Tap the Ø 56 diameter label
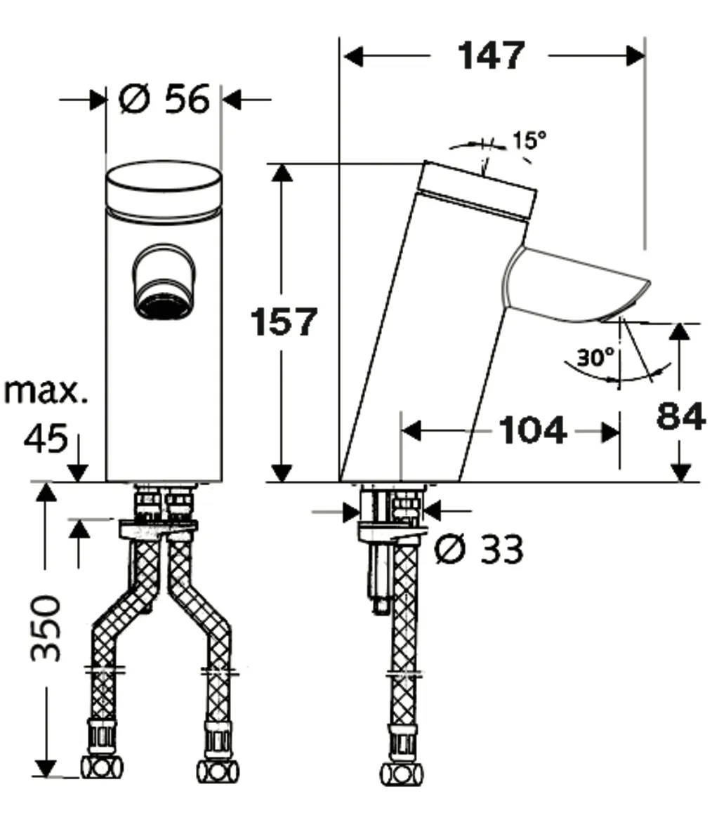pos(164,99)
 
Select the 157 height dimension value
pos(285,321)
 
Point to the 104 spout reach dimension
pos(532,430)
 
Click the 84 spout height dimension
pos(680,417)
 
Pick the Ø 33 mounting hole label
pos(478,549)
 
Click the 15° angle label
pos(527,140)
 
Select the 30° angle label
pos(595,358)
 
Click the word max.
pos(46,391)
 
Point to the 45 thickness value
pos(46,440)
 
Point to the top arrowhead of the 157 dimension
pos(282,173)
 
